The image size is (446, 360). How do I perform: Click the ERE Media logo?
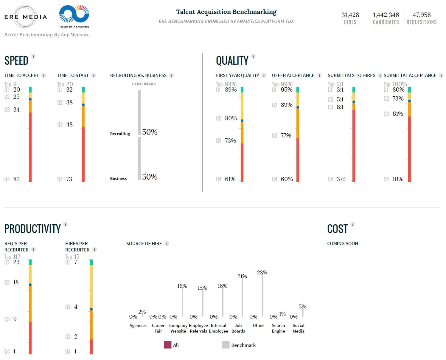tap(26, 17)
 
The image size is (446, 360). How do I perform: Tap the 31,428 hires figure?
tap(350, 15)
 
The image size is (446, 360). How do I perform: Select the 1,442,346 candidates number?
tap(386, 15)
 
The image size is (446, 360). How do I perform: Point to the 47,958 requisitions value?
tap(422, 15)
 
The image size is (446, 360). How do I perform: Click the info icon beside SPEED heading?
tap(33, 56)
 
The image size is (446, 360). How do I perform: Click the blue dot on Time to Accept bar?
tap(30, 99)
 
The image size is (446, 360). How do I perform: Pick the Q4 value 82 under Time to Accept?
tap(16, 179)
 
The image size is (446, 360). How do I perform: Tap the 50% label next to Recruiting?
tap(150, 132)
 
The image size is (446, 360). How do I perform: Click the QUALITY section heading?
tap(232, 61)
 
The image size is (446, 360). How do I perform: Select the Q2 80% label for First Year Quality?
tap(231, 118)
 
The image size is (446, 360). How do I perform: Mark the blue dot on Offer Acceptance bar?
tap(298, 107)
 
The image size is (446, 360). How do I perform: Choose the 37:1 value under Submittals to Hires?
tap(341, 179)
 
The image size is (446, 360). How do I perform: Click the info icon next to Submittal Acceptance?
tap(441, 75)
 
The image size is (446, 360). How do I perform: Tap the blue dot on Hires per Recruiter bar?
tap(91, 309)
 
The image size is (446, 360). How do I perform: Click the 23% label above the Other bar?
tap(262, 273)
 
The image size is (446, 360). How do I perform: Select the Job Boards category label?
tap(238, 328)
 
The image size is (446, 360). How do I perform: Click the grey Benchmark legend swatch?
tap(226, 345)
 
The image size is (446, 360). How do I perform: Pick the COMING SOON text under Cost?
tap(342, 244)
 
